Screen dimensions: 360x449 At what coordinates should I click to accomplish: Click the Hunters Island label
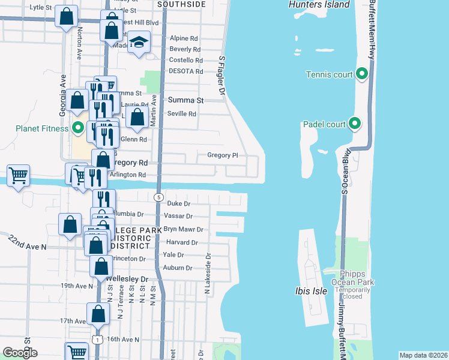[319, 5]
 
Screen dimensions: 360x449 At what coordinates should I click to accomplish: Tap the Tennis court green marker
[361, 74]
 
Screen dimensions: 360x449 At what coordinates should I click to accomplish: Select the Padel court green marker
[355, 124]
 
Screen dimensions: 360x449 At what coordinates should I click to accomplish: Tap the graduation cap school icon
[139, 43]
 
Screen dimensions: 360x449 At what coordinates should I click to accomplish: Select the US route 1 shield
[97, 340]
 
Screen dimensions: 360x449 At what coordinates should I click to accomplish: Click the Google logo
[20, 353]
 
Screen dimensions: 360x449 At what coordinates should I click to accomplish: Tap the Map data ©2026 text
[423, 355]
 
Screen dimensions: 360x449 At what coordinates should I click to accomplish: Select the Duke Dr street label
[178, 203]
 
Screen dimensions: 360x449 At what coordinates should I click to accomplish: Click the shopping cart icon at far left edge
[19, 176]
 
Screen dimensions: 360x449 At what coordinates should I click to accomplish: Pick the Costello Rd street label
[186, 60]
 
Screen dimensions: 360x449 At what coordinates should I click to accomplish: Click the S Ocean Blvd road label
[345, 172]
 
